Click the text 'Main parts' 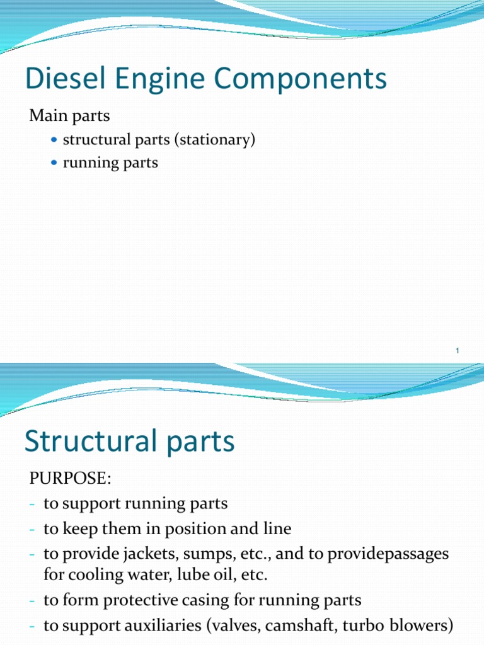70,117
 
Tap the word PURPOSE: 70,479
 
